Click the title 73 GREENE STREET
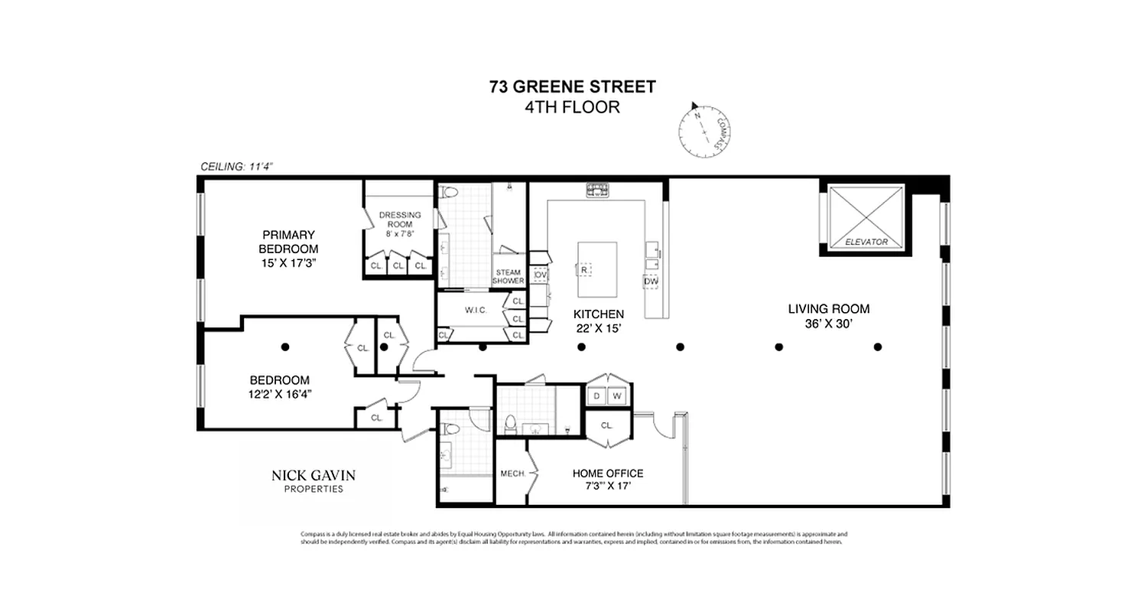(x=572, y=86)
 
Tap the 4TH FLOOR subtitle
(x=572, y=107)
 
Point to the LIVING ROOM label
(x=828, y=309)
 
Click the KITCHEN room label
(x=598, y=314)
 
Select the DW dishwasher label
(x=651, y=282)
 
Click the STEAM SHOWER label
(x=509, y=276)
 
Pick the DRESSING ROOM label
(x=399, y=220)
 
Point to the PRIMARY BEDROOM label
(x=288, y=242)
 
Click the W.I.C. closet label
(x=471, y=311)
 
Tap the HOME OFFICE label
(x=607, y=474)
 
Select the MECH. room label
(x=512, y=474)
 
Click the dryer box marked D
(x=596, y=396)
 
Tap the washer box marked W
(x=617, y=396)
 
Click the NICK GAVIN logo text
(x=314, y=476)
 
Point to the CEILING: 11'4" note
(x=236, y=166)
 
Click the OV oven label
(x=540, y=274)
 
